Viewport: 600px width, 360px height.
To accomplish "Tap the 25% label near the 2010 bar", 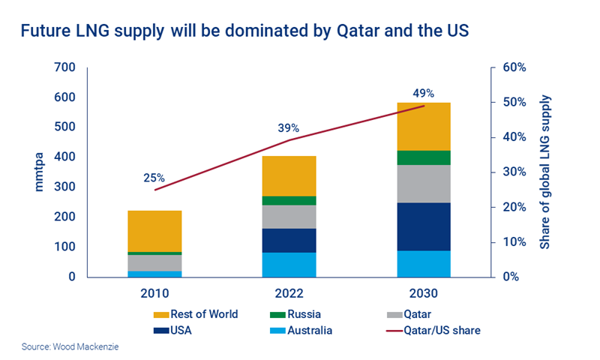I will click(x=154, y=178).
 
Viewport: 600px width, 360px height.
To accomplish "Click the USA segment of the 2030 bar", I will click(x=423, y=226).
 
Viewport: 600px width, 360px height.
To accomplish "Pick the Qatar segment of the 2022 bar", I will click(x=289, y=217).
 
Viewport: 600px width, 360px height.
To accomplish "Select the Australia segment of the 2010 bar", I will click(x=154, y=274).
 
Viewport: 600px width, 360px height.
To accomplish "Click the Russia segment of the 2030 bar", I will click(x=423, y=157).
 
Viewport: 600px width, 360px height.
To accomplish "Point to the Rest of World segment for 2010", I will click(x=154, y=231).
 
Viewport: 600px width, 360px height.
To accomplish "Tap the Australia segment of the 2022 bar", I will click(x=289, y=264).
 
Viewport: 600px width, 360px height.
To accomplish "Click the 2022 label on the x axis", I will click(x=289, y=293).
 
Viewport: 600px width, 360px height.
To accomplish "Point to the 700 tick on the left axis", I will click(x=65, y=68).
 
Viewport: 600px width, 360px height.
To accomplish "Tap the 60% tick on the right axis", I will click(x=514, y=68).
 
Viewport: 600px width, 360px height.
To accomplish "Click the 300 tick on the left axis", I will click(x=65, y=187).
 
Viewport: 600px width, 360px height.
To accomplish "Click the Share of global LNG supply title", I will click(x=545, y=172).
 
